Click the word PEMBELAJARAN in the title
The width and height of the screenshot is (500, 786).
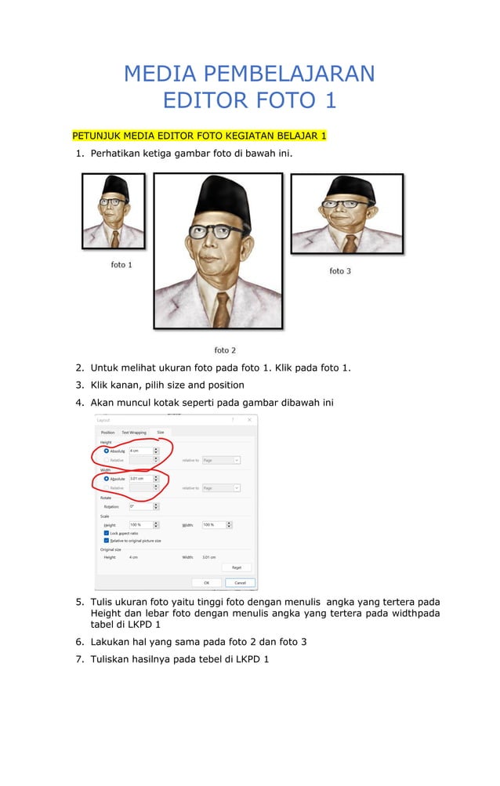tap(289, 74)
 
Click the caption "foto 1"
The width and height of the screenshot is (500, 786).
tap(120, 265)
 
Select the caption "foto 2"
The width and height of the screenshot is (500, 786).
tap(225, 350)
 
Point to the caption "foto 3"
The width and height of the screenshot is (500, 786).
tap(340, 271)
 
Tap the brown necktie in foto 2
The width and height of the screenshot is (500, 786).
tap(223, 309)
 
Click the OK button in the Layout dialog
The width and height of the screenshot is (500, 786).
tap(206, 582)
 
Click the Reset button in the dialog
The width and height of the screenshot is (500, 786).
tap(236, 567)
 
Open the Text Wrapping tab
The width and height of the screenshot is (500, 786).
tap(133, 433)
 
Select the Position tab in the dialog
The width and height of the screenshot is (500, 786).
tap(107, 433)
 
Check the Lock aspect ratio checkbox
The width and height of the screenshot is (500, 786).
tap(107, 533)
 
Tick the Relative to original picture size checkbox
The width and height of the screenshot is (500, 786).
tap(107, 541)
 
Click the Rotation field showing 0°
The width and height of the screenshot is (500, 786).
tap(141, 506)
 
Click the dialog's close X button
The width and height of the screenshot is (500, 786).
tap(249, 420)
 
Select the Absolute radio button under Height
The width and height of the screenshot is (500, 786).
tap(107, 451)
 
